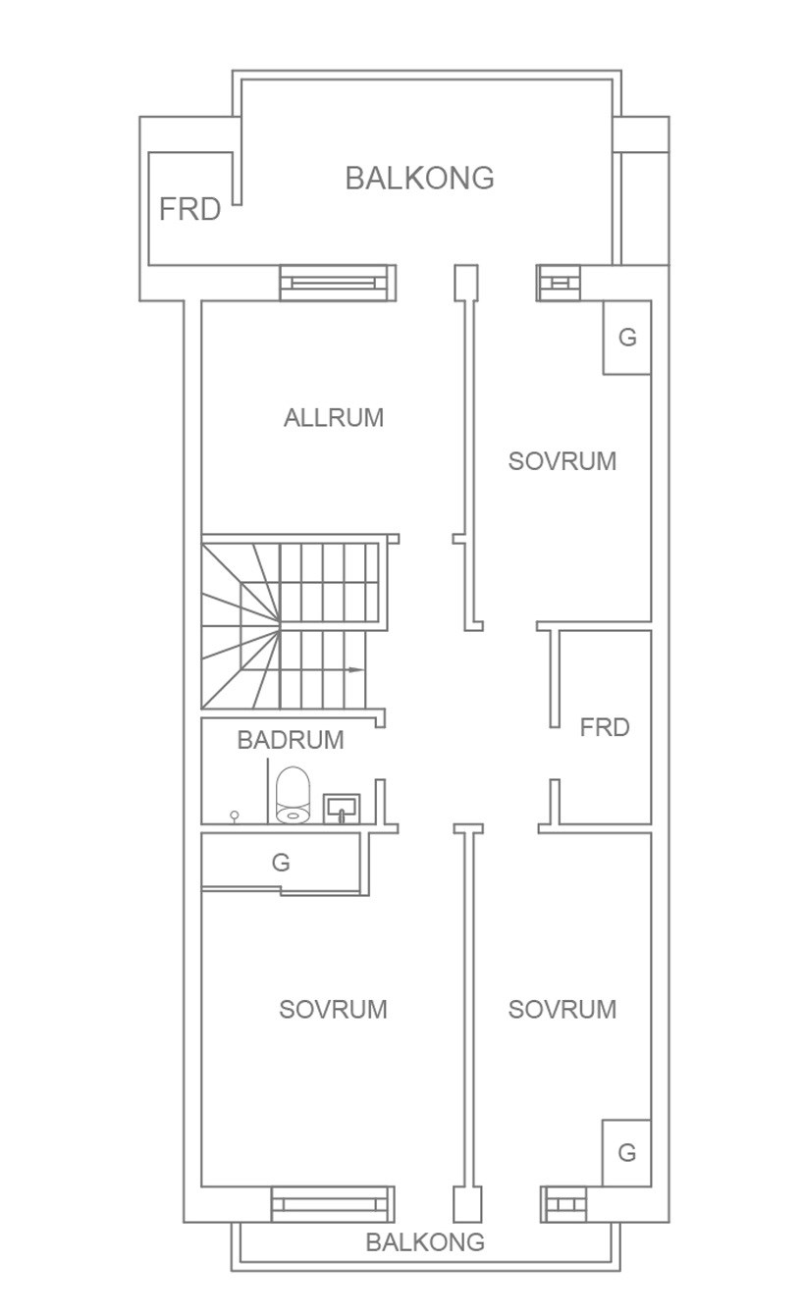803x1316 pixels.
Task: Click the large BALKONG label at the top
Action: click(420, 178)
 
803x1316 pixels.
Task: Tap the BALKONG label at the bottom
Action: click(425, 1242)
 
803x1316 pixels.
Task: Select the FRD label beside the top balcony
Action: click(189, 209)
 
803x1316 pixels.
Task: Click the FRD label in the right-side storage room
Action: click(605, 727)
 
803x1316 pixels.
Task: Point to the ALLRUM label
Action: click(334, 418)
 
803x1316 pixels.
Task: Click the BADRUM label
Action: click(291, 740)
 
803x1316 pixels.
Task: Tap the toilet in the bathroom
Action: click(293, 795)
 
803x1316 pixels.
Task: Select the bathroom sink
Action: click(342, 809)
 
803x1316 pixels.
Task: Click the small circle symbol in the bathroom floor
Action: click(234, 816)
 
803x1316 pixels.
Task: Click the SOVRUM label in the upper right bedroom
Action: click(562, 461)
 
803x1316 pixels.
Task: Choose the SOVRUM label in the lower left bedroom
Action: click(333, 1009)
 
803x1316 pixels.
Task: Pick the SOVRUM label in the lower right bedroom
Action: click(562, 1009)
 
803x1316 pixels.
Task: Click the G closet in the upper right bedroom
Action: click(627, 338)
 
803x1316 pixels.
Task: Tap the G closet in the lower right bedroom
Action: click(626, 1153)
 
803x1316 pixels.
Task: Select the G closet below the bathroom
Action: click(281, 863)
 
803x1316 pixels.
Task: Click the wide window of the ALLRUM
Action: click(338, 284)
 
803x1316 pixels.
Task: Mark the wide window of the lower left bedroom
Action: click(333, 1204)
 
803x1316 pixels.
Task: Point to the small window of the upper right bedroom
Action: click(559, 284)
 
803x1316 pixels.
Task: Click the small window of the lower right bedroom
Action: click(563, 1204)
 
